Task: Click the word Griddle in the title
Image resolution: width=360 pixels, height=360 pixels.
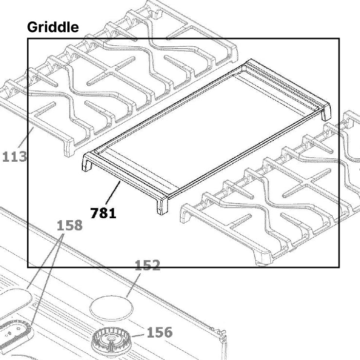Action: click(x=53, y=27)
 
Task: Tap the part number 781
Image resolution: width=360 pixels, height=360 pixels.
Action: click(x=103, y=213)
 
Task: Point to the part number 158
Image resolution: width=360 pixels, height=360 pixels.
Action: click(x=70, y=226)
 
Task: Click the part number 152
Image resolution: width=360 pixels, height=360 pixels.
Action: click(x=147, y=265)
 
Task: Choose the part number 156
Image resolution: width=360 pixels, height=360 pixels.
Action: click(x=160, y=332)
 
